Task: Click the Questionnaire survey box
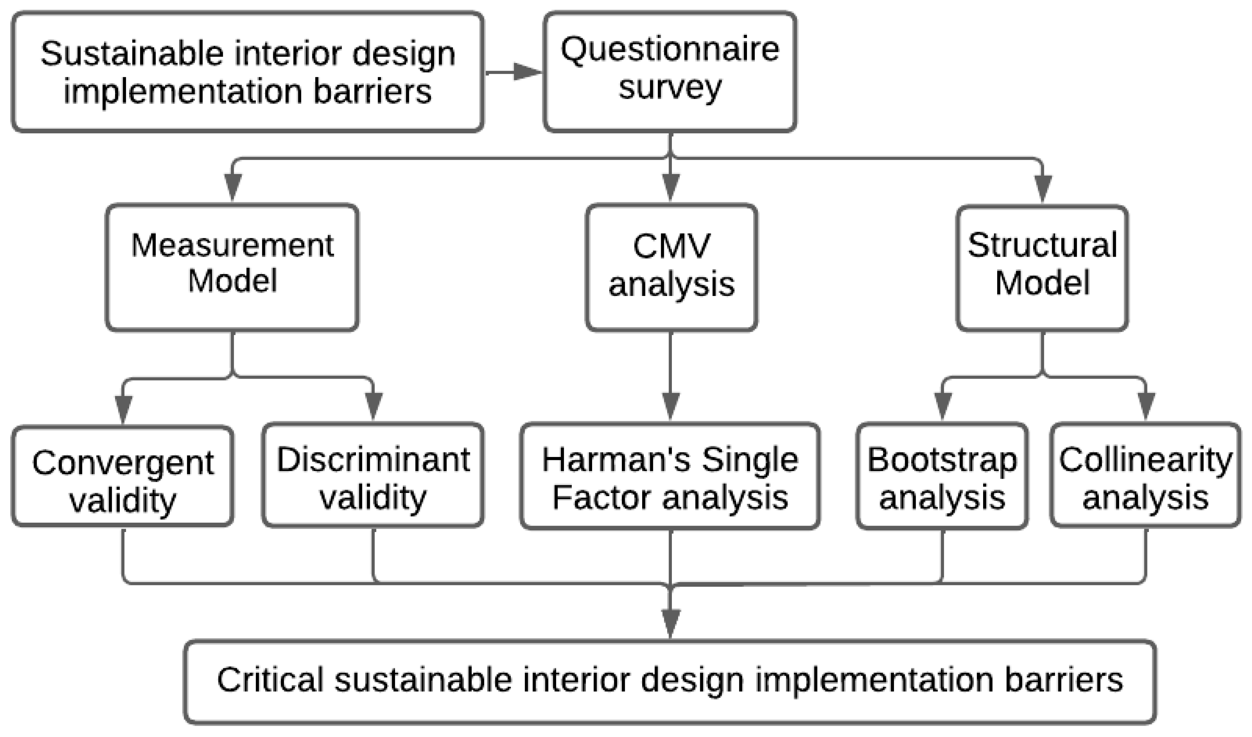(670, 72)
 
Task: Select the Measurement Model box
(232, 267)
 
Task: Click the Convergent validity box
(123, 476)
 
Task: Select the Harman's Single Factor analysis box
(670, 476)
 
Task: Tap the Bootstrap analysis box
(942, 476)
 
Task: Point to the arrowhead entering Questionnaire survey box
(528, 72)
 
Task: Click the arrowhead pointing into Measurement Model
(233, 188)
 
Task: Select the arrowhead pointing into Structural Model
(1042, 189)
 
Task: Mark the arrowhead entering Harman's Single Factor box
(671, 406)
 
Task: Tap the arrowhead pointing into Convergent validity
(123, 410)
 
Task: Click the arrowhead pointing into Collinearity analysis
(1146, 406)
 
